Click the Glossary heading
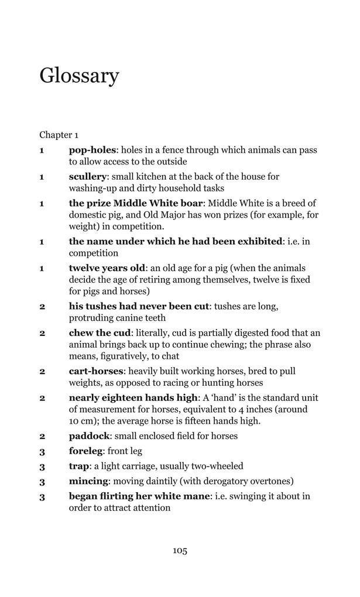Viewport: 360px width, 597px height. pos(79,76)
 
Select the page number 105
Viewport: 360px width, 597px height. pos(180,550)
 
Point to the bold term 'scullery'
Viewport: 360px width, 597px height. pos(88,177)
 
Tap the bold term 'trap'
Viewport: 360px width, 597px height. pos(79,466)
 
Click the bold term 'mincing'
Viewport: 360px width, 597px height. pos(88,482)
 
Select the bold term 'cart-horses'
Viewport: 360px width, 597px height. pos(96,372)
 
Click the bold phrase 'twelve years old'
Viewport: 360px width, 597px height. pos(107,269)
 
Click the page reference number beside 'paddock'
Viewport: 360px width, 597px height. pos(42,436)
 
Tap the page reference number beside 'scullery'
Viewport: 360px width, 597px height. pos(42,177)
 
